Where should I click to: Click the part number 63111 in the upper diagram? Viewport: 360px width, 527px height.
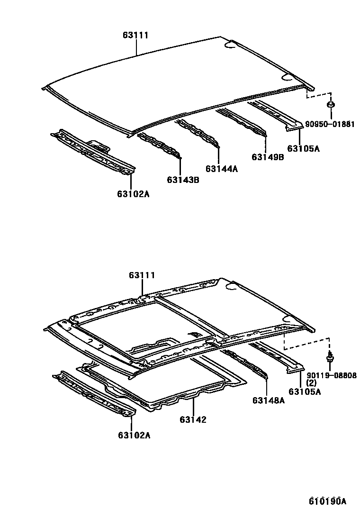136,35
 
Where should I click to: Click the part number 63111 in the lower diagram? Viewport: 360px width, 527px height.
142,275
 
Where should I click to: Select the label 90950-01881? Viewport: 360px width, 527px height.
330,124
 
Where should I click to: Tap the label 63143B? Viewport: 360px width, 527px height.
183,180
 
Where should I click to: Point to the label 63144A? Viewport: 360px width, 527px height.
222,169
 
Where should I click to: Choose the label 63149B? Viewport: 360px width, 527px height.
268,157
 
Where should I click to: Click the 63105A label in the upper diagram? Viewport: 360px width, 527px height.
304,148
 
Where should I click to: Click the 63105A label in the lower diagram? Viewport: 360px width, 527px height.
305,391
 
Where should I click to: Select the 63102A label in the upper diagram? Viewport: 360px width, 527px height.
133,193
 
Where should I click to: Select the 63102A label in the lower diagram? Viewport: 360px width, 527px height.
133,435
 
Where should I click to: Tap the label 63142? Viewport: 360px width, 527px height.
193,419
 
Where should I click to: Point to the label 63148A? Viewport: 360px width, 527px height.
268,400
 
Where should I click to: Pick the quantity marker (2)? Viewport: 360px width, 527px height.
311,383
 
